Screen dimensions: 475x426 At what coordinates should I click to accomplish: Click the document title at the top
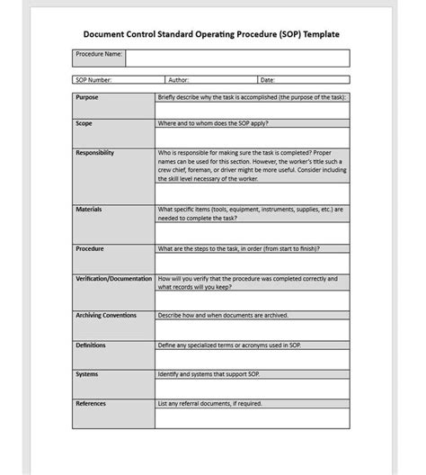click(x=211, y=35)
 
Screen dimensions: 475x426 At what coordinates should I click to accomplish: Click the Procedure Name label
click(x=98, y=55)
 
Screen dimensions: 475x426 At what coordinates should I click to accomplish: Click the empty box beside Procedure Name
click(x=237, y=58)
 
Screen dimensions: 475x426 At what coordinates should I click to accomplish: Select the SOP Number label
click(x=94, y=80)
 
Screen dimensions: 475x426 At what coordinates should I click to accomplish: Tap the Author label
click(x=179, y=80)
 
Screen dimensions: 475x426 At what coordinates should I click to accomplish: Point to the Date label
click(x=268, y=80)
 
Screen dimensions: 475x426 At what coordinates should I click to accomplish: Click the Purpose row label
click(x=87, y=96)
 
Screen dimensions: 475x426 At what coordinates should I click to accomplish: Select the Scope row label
click(x=84, y=123)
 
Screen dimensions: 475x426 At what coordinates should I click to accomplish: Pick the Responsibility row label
click(x=95, y=152)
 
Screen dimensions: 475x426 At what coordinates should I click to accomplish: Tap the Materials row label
click(x=89, y=209)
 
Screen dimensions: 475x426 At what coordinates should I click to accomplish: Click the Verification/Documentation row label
click(x=114, y=279)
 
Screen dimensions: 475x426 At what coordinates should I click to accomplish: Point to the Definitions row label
click(x=91, y=344)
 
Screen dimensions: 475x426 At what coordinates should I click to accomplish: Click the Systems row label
click(x=87, y=373)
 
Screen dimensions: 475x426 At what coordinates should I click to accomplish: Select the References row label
click(x=91, y=403)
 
